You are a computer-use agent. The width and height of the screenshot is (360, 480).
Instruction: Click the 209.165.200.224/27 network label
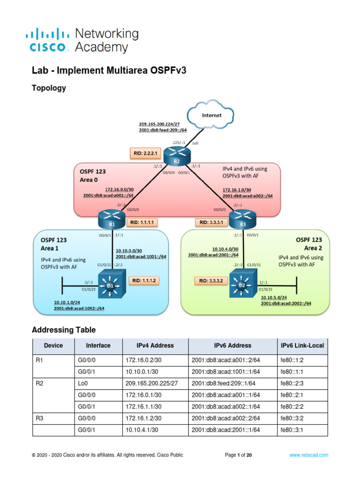(159, 124)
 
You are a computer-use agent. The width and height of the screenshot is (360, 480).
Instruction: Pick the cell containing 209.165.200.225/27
(151, 383)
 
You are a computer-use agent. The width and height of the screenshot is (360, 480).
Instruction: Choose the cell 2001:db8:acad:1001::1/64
(226, 371)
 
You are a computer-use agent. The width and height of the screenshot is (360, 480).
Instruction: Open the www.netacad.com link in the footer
(308, 455)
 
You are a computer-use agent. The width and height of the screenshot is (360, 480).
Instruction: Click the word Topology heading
(48, 88)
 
